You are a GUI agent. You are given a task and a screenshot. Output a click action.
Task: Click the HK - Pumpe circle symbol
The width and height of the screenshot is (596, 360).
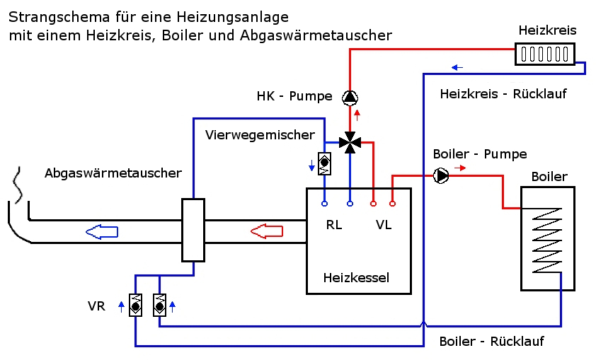[x=350, y=97]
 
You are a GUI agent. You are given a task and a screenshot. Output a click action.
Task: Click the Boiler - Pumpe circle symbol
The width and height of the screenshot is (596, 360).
[x=442, y=175]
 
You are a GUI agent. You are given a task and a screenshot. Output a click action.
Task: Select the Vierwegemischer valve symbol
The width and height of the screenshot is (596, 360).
[x=350, y=142]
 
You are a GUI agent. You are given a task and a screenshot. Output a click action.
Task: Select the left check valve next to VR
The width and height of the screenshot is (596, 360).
[x=136, y=306]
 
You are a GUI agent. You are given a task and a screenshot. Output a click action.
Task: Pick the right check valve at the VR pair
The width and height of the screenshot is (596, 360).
[x=160, y=306]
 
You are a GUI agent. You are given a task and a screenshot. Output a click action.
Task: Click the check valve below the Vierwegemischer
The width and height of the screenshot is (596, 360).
[x=325, y=165]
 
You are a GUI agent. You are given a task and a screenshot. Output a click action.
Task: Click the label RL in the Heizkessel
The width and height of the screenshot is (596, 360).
[x=334, y=225]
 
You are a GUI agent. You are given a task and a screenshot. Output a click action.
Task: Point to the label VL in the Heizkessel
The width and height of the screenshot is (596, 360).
[x=384, y=225]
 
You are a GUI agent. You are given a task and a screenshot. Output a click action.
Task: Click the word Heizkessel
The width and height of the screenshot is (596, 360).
[x=355, y=277]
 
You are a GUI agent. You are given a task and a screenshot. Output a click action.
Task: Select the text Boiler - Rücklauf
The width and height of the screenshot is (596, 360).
[x=491, y=342]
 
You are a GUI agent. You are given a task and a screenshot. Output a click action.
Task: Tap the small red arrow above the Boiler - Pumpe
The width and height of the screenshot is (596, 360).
[x=459, y=168]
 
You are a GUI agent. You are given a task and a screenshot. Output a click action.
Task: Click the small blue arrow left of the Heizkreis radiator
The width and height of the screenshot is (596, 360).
[x=458, y=68]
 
